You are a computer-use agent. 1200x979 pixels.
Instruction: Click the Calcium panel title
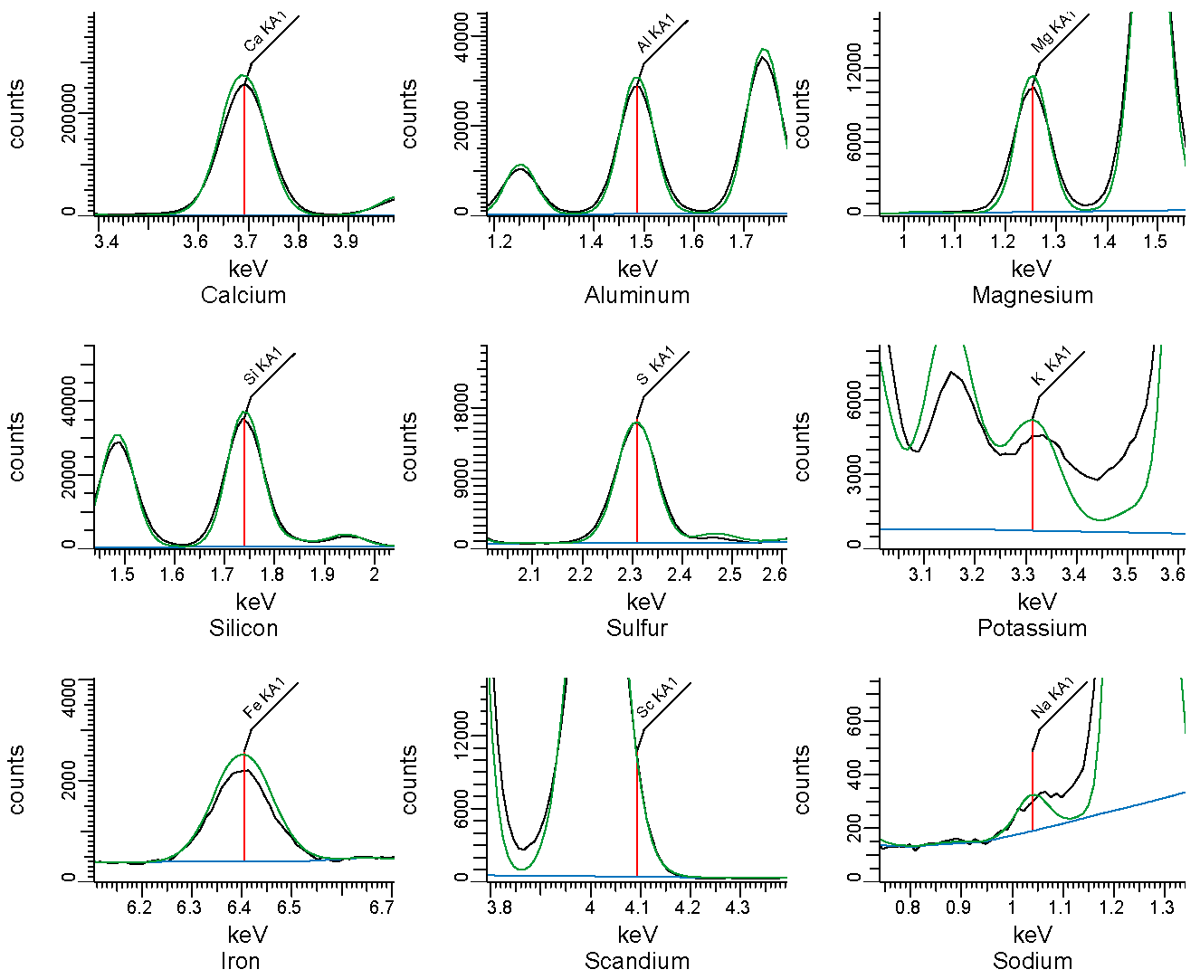click(x=243, y=296)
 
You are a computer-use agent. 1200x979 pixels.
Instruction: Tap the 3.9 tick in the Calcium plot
click(x=345, y=242)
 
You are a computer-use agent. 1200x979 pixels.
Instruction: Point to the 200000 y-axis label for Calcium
click(x=69, y=113)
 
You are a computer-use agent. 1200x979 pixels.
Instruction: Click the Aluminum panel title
click(x=637, y=296)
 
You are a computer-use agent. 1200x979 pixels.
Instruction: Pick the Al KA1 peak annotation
click(x=656, y=33)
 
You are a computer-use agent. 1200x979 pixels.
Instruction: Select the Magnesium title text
click(x=1033, y=296)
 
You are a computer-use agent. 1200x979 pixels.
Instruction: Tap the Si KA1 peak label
click(x=263, y=366)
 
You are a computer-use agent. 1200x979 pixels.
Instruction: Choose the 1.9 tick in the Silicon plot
click(x=323, y=575)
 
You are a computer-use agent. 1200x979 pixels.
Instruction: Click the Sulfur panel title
click(x=637, y=629)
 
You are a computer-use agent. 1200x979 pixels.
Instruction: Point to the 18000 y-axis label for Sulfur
click(x=462, y=407)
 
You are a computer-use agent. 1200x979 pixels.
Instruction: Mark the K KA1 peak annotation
click(x=1052, y=366)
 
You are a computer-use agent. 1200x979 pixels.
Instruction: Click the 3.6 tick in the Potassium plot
click(x=1174, y=575)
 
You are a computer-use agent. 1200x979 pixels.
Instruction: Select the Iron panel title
click(x=241, y=962)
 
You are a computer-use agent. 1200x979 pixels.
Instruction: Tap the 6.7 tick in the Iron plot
click(x=382, y=908)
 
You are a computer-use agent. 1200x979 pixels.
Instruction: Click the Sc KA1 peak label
click(x=657, y=699)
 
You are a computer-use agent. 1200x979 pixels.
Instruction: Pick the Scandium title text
click(x=637, y=962)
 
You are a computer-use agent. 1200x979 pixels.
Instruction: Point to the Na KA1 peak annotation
click(x=1052, y=698)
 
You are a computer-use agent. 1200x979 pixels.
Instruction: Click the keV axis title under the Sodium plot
click(x=1033, y=936)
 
